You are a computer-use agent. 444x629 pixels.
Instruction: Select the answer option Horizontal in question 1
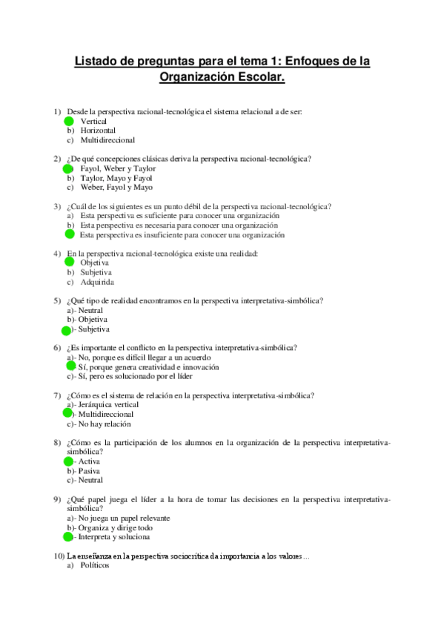pyautogui.click(x=98, y=131)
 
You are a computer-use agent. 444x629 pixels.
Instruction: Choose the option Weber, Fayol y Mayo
pyautogui.click(x=112, y=188)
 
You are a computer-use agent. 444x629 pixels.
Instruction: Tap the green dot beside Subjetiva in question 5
pyautogui.click(x=66, y=329)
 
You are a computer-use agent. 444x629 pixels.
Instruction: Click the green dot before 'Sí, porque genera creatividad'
pyautogui.click(x=71, y=366)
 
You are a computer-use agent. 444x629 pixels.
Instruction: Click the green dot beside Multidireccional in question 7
pyautogui.click(x=67, y=414)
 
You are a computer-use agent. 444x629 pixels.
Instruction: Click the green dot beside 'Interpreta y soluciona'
pyautogui.click(x=67, y=537)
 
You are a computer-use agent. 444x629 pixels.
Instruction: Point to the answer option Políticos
pyautogui.click(x=94, y=565)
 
